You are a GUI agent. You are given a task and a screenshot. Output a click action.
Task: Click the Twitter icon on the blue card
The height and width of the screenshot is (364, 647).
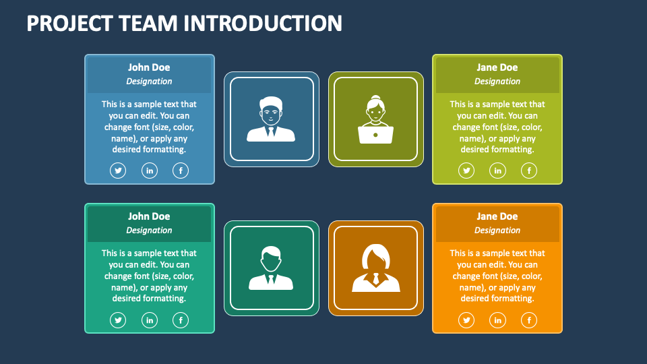(118, 171)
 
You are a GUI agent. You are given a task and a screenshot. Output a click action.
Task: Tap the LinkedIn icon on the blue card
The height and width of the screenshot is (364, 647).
(150, 171)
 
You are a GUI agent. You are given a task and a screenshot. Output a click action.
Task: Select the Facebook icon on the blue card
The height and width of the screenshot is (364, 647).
(181, 171)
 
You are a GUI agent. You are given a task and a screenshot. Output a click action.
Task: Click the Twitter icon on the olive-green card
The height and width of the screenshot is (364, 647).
(466, 171)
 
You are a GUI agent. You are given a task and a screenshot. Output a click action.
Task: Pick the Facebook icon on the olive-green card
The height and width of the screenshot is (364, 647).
(529, 171)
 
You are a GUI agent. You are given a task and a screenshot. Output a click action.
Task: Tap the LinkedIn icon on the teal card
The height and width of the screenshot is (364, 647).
(150, 320)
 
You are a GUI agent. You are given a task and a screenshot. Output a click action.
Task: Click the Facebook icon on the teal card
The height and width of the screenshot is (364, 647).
(181, 320)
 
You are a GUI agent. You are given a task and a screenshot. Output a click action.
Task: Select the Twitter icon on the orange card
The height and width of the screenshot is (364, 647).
(466, 320)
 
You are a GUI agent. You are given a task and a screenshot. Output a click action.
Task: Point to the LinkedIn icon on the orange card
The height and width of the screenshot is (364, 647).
(497, 320)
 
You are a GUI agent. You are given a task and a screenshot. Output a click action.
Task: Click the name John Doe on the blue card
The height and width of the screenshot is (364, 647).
(149, 67)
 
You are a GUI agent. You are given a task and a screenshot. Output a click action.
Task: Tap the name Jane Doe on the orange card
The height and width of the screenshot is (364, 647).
(497, 216)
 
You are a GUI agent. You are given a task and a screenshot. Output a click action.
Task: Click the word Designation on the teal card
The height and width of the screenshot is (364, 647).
(149, 231)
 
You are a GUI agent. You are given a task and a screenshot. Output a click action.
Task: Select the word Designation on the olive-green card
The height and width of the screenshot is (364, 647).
(497, 82)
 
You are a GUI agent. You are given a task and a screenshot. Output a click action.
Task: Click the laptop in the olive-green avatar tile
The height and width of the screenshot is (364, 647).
(375, 135)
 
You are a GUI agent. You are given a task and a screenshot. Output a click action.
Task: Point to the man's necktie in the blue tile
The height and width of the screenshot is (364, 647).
(271, 131)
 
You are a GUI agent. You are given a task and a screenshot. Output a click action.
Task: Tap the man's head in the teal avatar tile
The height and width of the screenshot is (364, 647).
(271, 258)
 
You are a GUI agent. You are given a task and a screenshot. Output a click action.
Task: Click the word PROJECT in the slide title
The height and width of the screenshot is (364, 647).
(69, 23)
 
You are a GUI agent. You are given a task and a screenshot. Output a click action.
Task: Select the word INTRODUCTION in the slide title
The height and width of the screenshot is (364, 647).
(263, 23)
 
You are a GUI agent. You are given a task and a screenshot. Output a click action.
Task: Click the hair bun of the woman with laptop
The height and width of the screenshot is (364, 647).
(375, 98)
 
